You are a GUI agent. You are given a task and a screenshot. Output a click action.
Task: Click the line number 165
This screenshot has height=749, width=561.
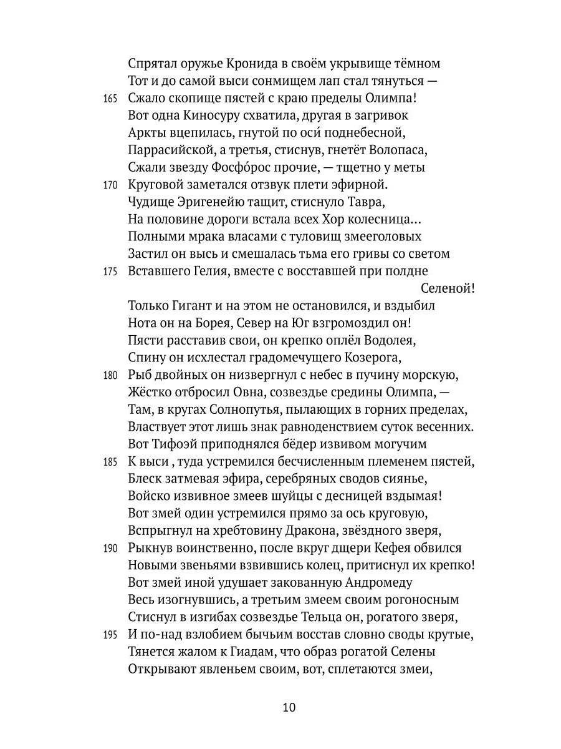(110, 99)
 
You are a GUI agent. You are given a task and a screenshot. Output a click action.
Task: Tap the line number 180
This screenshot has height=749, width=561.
(110, 376)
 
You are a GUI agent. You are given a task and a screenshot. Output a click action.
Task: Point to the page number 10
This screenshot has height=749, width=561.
(289, 707)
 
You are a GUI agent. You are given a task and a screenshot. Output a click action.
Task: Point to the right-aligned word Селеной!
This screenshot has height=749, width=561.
(448, 289)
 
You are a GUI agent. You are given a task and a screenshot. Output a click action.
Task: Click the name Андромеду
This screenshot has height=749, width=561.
(379, 583)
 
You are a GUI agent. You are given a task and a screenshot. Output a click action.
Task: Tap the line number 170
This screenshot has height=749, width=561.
(110, 185)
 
